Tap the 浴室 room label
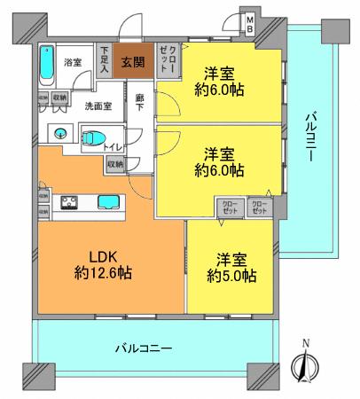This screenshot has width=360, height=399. tap(73, 62)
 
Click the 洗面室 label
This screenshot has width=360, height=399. tap(98, 106)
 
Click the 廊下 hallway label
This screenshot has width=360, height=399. tap(140, 102)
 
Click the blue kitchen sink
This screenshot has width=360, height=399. tap(110, 201)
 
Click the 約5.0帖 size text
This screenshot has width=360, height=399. tap(232, 277)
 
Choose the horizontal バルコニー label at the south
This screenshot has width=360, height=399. tap(143, 348)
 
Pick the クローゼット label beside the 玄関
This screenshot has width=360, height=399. tap(167, 59)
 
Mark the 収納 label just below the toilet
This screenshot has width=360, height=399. tap(115, 164)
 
